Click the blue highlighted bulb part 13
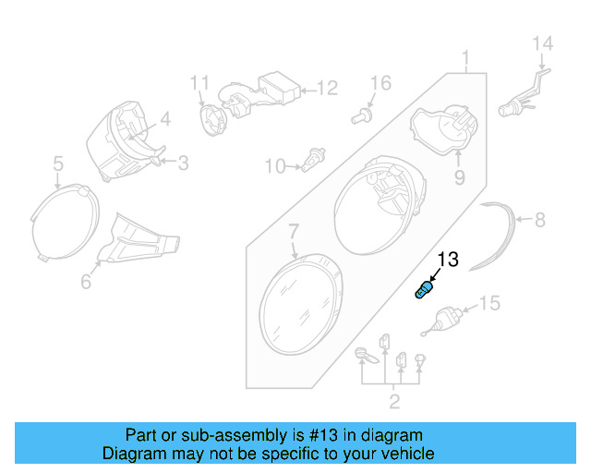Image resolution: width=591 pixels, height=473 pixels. coord(423,290)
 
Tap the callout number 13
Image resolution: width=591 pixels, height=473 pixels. coord(447,260)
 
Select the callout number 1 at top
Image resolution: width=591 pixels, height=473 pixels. coord(467,57)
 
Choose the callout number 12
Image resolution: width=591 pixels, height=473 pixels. coord(328,89)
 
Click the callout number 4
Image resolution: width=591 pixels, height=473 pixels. coord(165,118)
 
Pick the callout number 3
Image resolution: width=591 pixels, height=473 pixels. coord(183,164)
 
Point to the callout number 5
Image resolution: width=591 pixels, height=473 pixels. coord(57,164)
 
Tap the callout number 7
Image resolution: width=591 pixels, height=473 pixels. coord(293,229)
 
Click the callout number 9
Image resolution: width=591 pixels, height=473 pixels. coord(458,176)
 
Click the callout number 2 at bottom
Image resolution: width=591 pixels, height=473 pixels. coord(394,401)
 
